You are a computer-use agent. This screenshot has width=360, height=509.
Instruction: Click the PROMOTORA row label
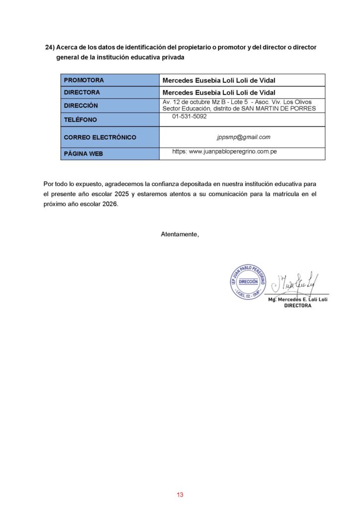[x=84, y=80]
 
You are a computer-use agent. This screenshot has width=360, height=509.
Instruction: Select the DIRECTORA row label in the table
[x=82, y=92]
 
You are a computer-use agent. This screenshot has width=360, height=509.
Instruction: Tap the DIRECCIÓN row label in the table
[x=81, y=105]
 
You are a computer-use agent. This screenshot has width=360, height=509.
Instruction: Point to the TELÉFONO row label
[x=81, y=120]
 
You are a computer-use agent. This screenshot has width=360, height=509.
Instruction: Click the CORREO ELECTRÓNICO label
[x=100, y=137]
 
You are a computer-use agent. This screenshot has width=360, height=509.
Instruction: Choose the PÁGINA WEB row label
[x=84, y=154]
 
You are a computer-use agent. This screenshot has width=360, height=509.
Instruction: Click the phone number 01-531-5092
[x=189, y=116]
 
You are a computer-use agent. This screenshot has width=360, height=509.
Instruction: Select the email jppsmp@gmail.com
[x=243, y=137]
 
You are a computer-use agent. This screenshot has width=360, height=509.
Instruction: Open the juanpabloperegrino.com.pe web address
[x=225, y=151]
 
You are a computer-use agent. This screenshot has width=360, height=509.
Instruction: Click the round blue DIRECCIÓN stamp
[x=248, y=282]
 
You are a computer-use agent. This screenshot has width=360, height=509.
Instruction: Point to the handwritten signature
[x=297, y=283]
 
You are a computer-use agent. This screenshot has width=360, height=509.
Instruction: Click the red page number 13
[x=180, y=495]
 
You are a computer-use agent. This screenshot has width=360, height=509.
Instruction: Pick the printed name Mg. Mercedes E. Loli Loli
[x=297, y=300]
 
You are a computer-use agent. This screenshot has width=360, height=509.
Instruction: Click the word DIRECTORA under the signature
[x=297, y=306]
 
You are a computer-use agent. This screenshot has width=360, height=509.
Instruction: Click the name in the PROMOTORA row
[x=219, y=80]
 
